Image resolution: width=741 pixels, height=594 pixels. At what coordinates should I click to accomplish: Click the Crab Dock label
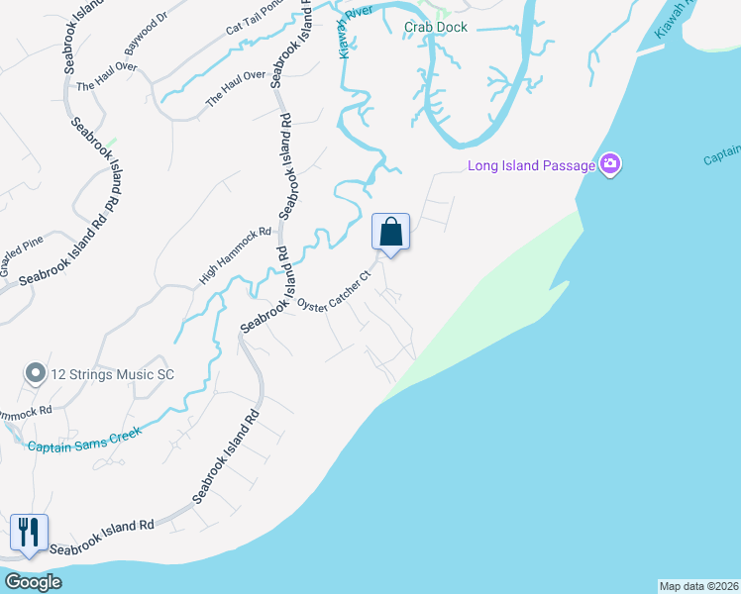click(435, 27)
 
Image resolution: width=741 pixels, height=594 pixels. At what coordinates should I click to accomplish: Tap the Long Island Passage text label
click(531, 164)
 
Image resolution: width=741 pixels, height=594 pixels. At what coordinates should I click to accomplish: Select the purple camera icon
click(610, 164)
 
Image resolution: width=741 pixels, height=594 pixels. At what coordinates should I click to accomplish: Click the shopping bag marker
click(391, 234)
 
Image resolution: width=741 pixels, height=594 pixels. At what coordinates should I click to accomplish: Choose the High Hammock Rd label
click(235, 255)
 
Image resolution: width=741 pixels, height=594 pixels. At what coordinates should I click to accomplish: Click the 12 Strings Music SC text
click(114, 373)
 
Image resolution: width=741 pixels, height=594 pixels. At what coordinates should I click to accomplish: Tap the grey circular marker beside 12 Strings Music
click(36, 373)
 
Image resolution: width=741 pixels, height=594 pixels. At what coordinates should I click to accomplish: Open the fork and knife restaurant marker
click(29, 533)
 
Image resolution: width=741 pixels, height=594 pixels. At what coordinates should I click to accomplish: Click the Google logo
click(33, 582)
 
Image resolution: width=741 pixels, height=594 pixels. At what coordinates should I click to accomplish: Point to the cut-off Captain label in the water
click(722, 155)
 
